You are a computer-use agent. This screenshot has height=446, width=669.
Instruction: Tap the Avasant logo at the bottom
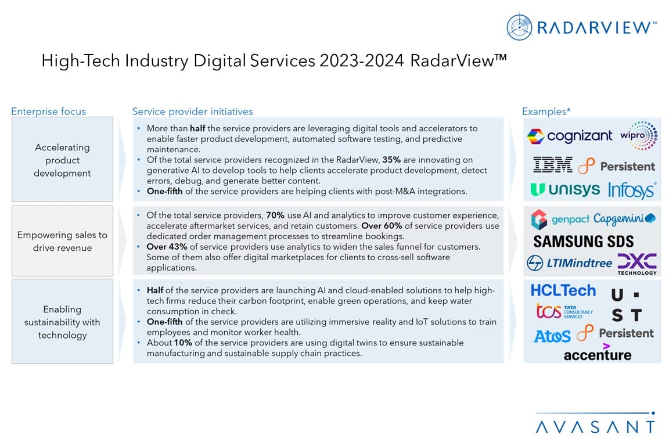pyautogui.click(x=595, y=426)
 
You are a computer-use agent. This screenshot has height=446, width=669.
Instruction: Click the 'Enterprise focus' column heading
pyautogui.click(x=48, y=111)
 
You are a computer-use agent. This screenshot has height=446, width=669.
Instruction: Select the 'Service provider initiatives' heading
pyautogui.click(x=192, y=111)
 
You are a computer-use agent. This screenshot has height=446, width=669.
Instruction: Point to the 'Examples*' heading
pyautogui.click(x=546, y=111)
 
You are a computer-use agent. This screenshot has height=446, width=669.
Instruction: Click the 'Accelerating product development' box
pyautogui.click(x=62, y=160)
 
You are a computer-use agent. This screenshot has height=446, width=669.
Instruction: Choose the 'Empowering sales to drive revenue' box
pyautogui.click(x=62, y=241)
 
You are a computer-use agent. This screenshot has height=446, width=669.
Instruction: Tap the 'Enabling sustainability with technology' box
pyautogui.click(x=62, y=322)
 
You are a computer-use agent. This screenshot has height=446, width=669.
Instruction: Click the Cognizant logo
pyautogui.click(x=570, y=136)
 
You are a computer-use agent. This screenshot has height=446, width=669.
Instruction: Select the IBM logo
pyautogui.click(x=552, y=165)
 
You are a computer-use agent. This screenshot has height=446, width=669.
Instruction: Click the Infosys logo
pyautogui.click(x=632, y=190)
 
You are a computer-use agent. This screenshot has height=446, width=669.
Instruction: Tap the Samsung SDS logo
pyautogui.click(x=584, y=241)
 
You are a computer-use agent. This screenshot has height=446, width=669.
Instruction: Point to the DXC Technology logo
pyautogui.click(x=637, y=264)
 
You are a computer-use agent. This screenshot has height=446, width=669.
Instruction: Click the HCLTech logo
pyautogui.click(x=563, y=290)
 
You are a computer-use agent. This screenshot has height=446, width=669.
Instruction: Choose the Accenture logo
pyautogui.click(x=598, y=353)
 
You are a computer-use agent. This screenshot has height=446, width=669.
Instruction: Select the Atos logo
pyautogui.click(x=552, y=335)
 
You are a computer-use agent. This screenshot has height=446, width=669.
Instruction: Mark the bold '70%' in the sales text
pyautogui.click(x=275, y=215)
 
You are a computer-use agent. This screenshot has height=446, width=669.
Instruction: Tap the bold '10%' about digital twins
pyautogui.click(x=184, y=343)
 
